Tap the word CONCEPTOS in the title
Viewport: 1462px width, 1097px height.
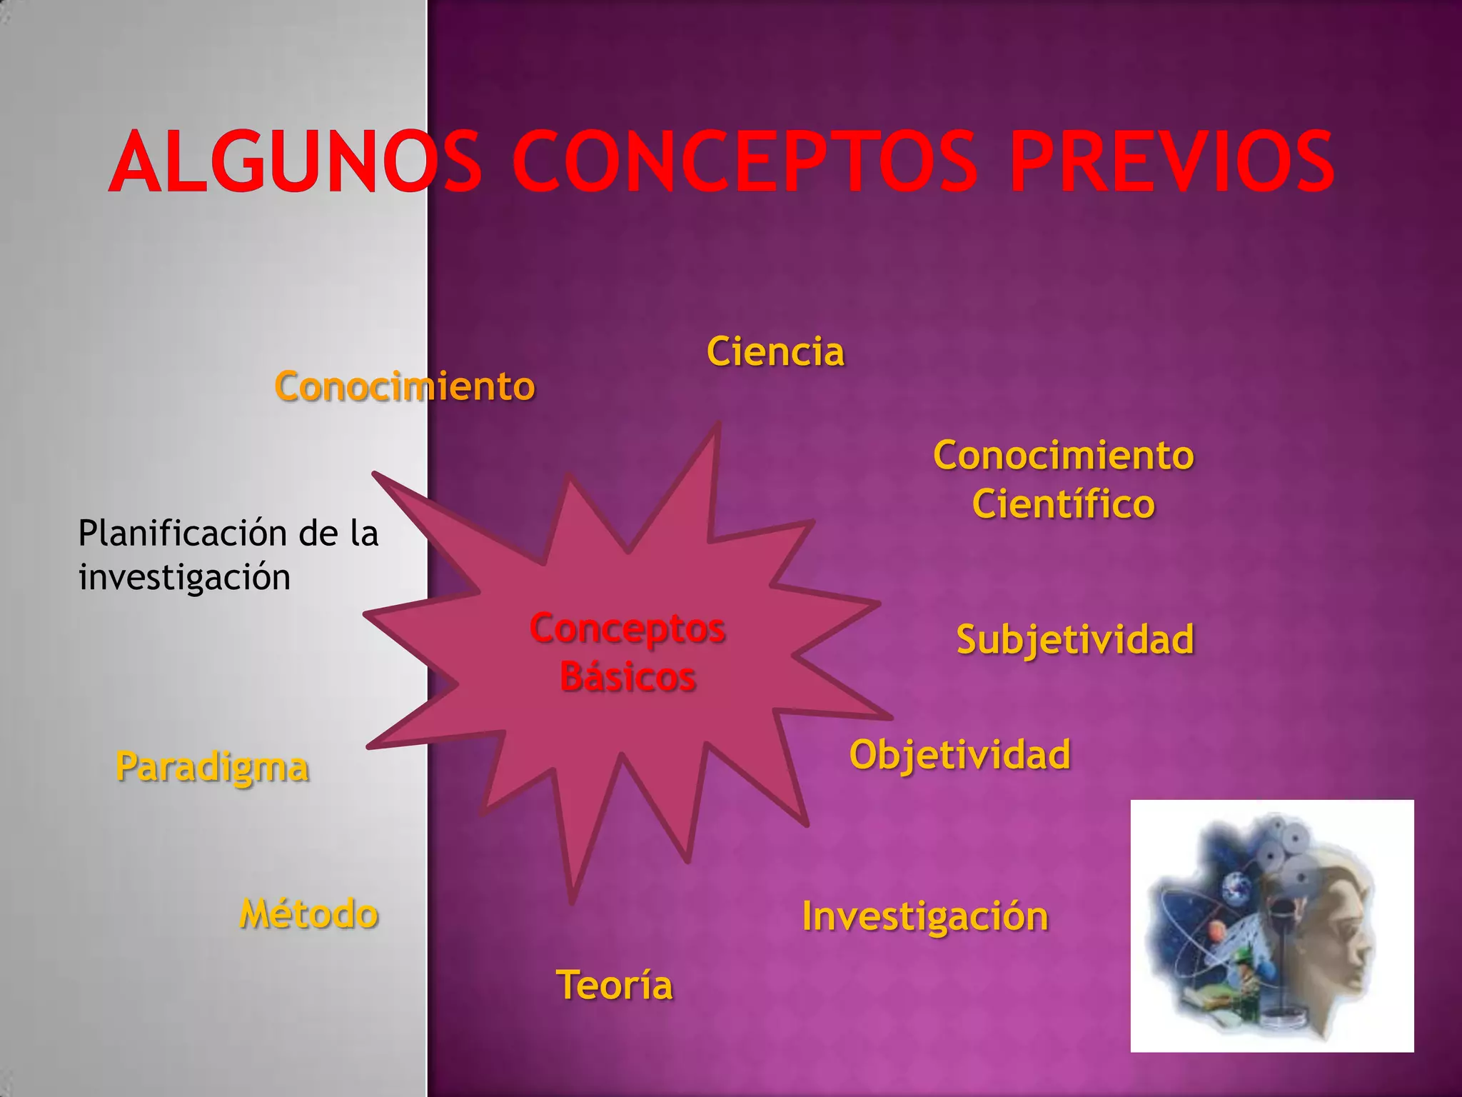pyautogui.click(x=745, y=163)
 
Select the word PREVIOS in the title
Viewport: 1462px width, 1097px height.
pyautogui.click(x=1171, y=163)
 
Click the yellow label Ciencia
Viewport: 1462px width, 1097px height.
pyautogui.click(x=775, y=352)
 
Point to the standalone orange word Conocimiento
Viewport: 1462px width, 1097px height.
pyautogui.click(x=404, y=387)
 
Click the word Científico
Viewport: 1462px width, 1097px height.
pyautogui.click(x=1063, y=504)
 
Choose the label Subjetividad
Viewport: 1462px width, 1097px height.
pyautogui.click(x=1074, y=639)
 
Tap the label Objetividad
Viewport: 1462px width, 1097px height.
pyautogui.click(x=959, y=755)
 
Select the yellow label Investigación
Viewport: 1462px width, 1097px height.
pyautogui.click(x=925, y=916)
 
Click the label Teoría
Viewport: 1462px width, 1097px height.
pyautogui.click(x=614, y=986)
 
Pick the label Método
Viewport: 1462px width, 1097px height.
pyautogui.click(x=308, y=914)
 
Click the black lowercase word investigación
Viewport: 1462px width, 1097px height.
pyautogui.click(x=184, y=577)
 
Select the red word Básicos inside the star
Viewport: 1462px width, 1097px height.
pyautogui.click(x=627, y=676)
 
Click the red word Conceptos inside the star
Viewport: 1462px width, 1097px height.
pyautogui.click(x=627, y=629)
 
